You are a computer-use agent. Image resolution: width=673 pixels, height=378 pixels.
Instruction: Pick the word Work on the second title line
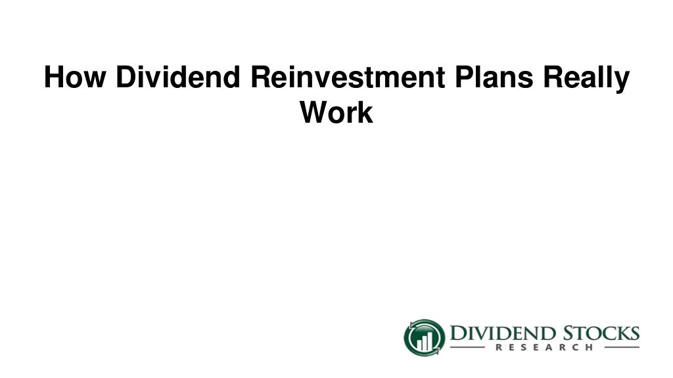[336, 113]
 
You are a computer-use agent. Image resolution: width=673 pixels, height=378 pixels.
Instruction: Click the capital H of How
[53, 78]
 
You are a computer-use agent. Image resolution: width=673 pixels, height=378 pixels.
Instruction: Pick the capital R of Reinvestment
[259, 78]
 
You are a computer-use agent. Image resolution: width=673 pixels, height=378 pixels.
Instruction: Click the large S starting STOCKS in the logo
[571, 333]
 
